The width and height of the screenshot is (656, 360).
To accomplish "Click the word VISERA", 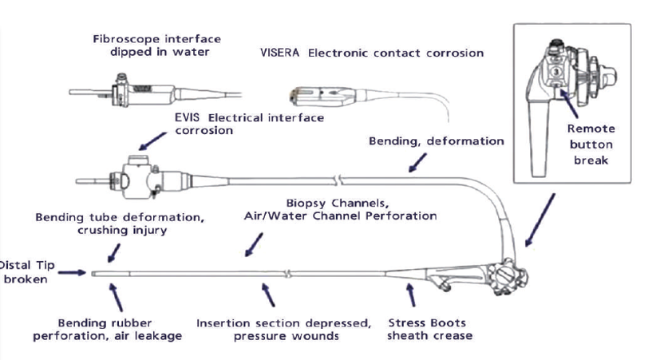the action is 279,53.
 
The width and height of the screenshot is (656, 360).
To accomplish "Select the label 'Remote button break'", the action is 591,144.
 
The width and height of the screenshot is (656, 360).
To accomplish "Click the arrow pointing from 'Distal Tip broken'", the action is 72,273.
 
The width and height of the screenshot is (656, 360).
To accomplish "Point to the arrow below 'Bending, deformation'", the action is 417,162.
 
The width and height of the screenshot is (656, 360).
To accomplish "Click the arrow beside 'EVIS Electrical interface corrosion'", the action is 152,141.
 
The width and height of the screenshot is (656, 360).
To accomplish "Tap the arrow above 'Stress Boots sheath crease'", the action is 411,295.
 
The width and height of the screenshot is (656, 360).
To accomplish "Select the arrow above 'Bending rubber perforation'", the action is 116,297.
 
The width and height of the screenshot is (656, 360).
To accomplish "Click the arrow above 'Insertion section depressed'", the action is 268,295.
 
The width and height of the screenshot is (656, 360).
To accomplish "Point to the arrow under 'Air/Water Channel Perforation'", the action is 254,245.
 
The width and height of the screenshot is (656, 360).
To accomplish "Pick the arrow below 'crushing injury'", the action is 114,253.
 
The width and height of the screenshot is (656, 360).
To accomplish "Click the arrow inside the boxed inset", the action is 569,104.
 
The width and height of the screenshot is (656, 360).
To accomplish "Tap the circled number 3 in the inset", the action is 556,71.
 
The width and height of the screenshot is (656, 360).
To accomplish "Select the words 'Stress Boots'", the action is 427,322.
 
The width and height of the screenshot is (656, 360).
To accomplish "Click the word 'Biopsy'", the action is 306,204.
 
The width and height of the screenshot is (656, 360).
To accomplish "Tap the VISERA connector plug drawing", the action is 322,97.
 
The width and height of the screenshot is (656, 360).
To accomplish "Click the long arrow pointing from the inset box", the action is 540,220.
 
